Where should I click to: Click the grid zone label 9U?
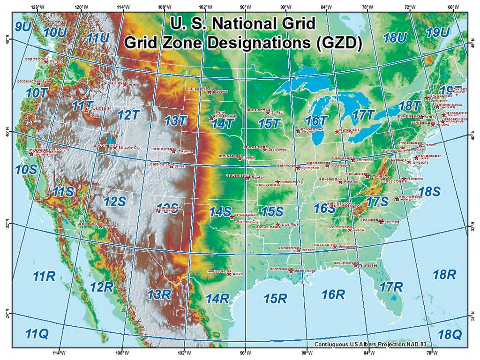pos(23,26)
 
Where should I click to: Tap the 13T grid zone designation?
pos(175,121)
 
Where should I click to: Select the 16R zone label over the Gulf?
pos(333,294)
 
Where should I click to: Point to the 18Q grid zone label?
pos(450,334)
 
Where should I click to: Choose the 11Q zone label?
pos(37,334)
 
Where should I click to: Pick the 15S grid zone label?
pos(272,211)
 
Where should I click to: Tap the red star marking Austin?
pos(229,274)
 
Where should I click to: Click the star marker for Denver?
pos(171,166)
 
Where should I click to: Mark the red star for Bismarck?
pos(210,92)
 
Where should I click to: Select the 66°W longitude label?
pos(453,7)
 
